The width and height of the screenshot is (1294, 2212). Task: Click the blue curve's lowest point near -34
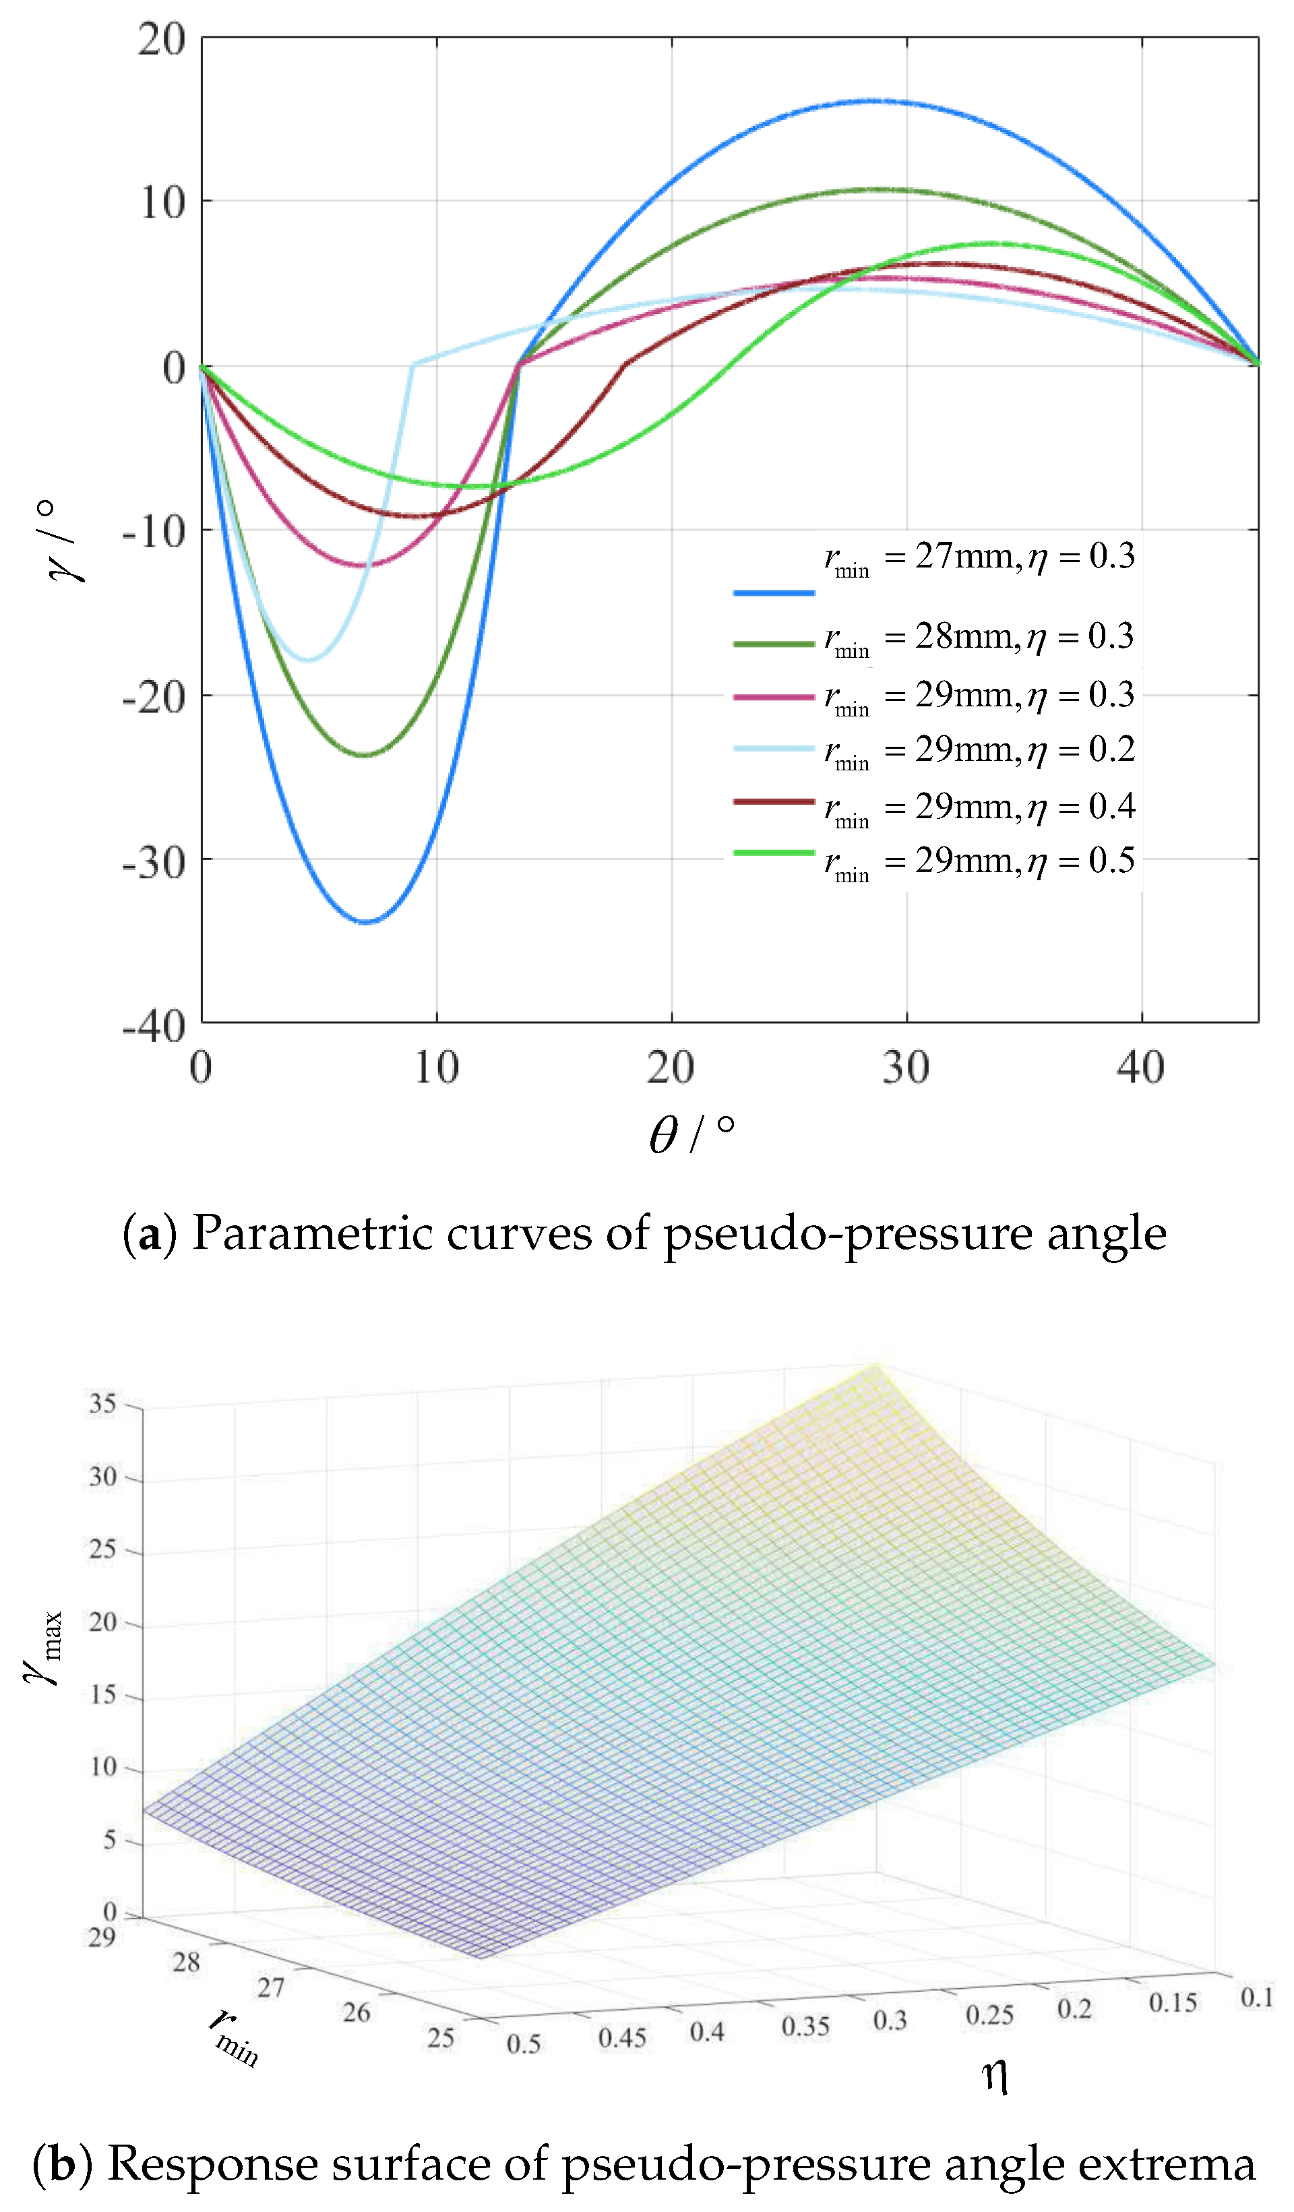click(366, 922)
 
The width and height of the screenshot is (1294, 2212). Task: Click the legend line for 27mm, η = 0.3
click(774, 593)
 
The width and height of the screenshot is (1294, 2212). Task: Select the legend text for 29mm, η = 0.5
click(979, 861)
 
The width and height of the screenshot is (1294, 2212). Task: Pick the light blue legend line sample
click(774, 749)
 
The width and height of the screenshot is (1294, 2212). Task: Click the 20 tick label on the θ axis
click(671, 1068)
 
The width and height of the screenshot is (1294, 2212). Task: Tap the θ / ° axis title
click(691, 1134)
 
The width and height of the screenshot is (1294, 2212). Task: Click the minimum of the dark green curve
click(365, 755)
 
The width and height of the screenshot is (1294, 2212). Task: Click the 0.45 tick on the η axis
click(621, 2037)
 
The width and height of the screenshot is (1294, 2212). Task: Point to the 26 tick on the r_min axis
click(356, 2012)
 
